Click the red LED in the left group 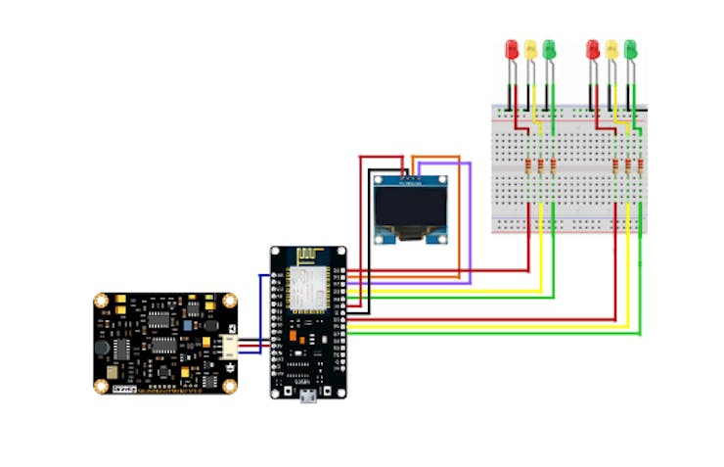[x=511, y=49]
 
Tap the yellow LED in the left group [x=530, y=49]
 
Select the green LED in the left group [x=550, y=49]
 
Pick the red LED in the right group [x=592, y=49]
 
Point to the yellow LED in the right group [x=611, y=49]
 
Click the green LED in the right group [x=631, y=49]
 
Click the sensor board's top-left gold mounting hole [x=102, y=301]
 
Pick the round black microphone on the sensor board [x=101, y=347]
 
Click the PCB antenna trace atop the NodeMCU [x=307, y=257]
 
